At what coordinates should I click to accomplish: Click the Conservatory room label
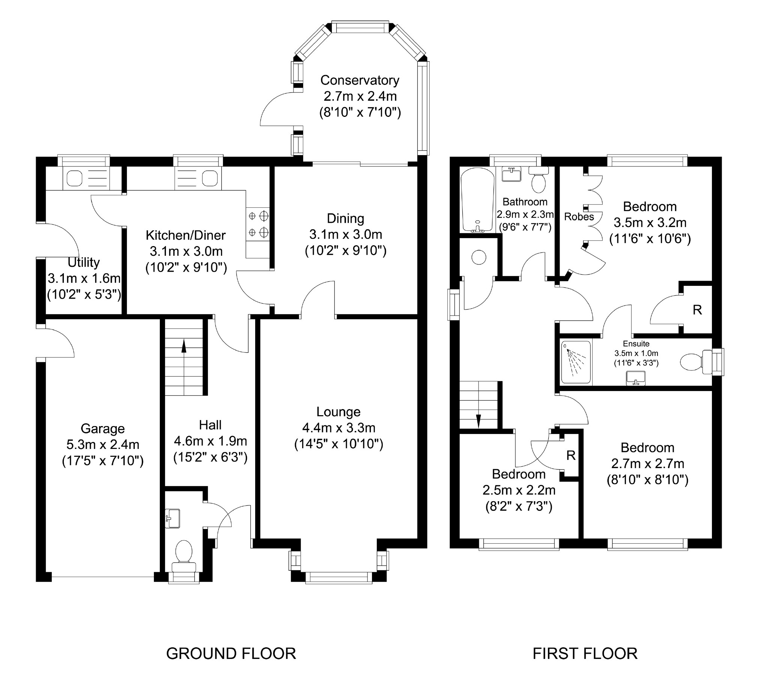click(360, 80)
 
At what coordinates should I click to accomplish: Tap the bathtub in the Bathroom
click(477, 200)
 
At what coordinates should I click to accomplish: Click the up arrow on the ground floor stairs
click(184, 346)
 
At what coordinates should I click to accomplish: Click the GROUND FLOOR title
click(231, 654)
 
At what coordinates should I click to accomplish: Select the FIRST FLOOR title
click(585, 654)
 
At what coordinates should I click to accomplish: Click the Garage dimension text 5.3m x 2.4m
click(103, 444)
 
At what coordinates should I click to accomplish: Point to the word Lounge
click(339, 412)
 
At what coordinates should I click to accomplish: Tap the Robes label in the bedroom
click(579, 217)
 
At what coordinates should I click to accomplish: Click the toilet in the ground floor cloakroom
click(184, 556)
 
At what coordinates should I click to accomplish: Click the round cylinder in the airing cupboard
click(479, 257)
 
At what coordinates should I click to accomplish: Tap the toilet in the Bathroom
click(539, 180)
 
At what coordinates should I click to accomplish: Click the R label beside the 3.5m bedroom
click(697, 310)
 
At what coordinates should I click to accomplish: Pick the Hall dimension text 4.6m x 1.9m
click(211, 441)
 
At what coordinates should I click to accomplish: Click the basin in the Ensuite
click(636, 378)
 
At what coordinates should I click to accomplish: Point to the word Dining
click(346, 218)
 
